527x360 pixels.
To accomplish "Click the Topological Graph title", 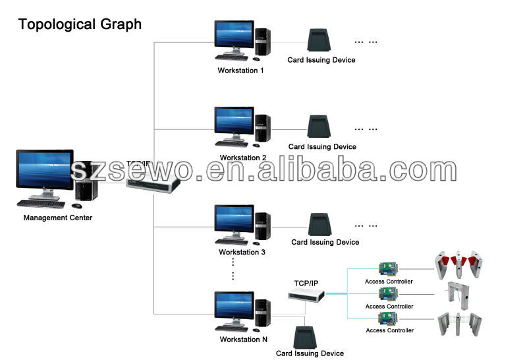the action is point(80,24).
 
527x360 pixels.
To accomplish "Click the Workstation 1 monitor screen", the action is point(234,34).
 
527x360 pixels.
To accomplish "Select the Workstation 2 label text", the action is point(242,158).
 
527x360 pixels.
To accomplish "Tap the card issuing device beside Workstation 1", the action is point(319,40).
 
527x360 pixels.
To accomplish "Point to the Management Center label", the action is point(58,218).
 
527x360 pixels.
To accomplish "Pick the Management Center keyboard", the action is point(41,204).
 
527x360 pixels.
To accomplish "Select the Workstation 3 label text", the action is point(242,252).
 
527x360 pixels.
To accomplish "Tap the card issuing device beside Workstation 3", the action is point(320,224).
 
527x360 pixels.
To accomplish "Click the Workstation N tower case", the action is point(262,313).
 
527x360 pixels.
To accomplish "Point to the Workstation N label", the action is point(244,340).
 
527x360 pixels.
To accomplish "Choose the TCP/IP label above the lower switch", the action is point(306,284).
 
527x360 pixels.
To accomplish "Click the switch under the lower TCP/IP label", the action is point(306,296).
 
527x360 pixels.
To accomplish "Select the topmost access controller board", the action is point(389,269).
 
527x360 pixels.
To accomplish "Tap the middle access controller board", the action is point(389,293).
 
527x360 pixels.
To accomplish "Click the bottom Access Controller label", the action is point(389,330).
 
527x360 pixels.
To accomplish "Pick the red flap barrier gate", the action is point(458,265).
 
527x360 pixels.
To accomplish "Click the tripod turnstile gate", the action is point(457,295).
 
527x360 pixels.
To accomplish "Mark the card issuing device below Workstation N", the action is point(305,338).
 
